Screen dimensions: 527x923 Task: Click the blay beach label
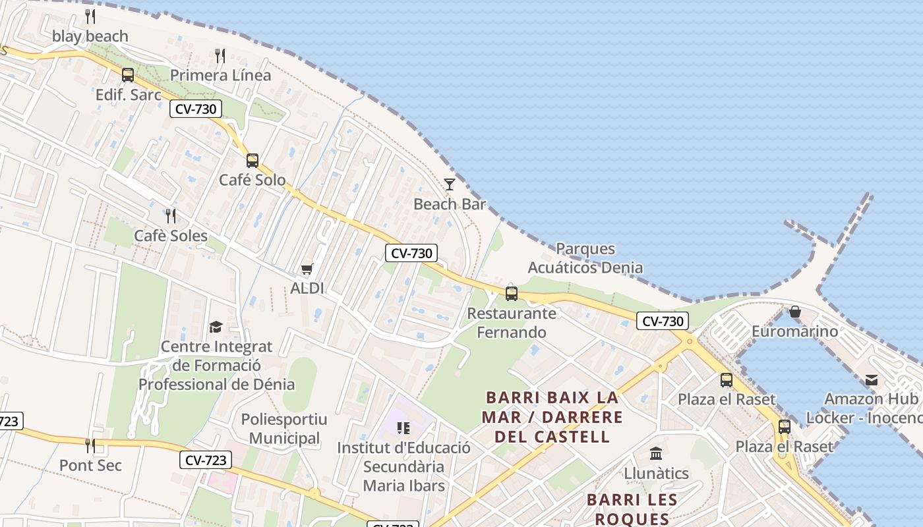coord(90,36)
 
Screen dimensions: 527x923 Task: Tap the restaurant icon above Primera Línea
coord(220,56)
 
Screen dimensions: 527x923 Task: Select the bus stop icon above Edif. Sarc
coord(128,75)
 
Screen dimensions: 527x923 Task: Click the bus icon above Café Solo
coord(253,160)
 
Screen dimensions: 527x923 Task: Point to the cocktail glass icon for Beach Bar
coord(450,184)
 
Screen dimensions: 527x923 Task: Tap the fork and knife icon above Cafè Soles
coord(171,215)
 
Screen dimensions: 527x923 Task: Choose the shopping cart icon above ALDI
coord(307,269)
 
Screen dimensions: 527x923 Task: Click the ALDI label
coord(307,288)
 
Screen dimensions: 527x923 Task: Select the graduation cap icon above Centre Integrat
coord(216,327)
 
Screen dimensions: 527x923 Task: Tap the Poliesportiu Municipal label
coord(284,429)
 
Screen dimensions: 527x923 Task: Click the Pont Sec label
coord(90,465)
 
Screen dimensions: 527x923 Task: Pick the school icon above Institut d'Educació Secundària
coord(403,428)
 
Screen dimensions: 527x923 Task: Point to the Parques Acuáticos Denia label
coord(585,258)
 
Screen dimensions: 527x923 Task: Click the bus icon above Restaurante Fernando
coord(512,294)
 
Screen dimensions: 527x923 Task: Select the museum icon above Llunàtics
coord(656,454)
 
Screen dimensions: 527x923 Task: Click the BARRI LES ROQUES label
coord(632,509)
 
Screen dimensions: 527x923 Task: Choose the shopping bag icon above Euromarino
coord(795,312)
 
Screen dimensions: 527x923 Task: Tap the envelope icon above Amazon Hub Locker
coord(872,379)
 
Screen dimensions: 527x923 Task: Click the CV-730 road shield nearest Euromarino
coord(663,321)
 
